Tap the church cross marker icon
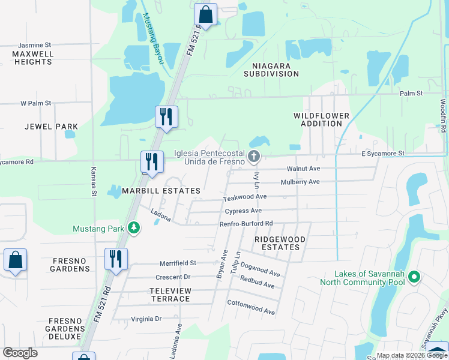tap(253, 157)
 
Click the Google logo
tap(20, 353)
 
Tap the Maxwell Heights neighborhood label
tap(32, 58)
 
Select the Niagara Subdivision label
tap(271, 70)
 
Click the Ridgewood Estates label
tap(280, 243)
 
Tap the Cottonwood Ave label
tap(251, 307)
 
